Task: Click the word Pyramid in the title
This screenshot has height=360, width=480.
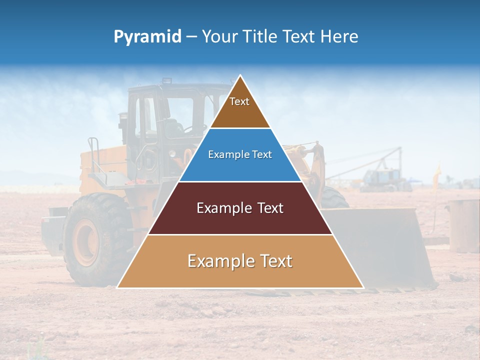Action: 147,37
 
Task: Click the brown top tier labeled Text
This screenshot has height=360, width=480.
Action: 240,107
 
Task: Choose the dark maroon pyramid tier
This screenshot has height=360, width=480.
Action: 240,215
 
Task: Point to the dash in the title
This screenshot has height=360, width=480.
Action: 191,37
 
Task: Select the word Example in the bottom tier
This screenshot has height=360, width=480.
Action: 219,261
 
